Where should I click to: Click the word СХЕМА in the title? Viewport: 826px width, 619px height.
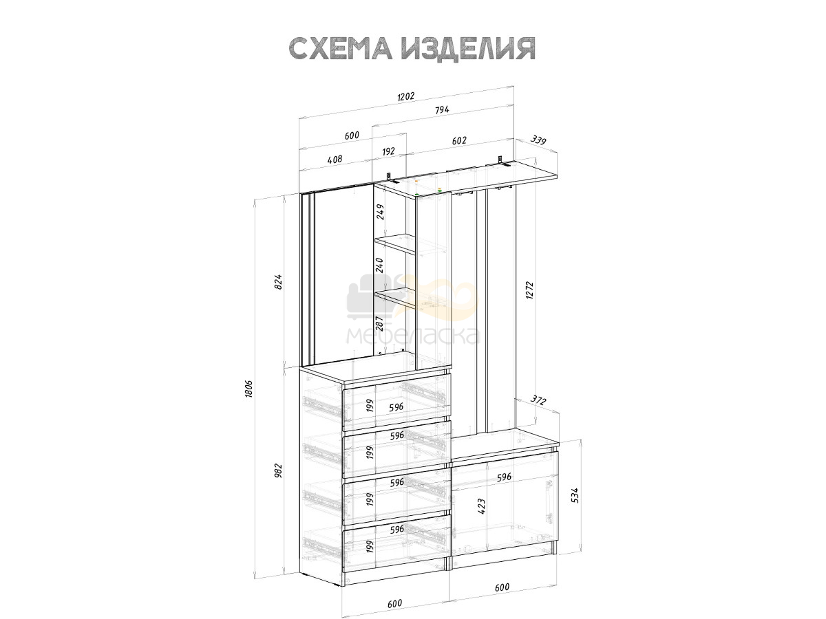coord(341,48)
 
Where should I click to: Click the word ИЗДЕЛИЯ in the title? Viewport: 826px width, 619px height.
coord(468,48)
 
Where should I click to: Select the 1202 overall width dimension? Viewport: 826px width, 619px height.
coord(405,96)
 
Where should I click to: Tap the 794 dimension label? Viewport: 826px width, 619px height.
coord(442,110)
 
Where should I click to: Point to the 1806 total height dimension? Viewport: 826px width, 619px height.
coord(248,389)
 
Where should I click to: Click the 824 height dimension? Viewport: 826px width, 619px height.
coord(278,282)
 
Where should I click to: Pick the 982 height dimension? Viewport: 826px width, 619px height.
coord(278,471)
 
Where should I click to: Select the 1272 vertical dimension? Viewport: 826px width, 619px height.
coord(530,290)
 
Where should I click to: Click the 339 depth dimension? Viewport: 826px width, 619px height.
coord(538,140)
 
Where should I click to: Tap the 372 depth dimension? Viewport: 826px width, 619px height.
coord(538,401)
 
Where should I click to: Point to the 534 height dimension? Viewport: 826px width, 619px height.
coord(575,495)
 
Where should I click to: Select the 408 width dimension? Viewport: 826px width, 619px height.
coord(335,160)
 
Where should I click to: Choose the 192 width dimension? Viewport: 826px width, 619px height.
coord(388,151)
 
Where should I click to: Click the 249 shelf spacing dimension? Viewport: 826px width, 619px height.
coord(380,212)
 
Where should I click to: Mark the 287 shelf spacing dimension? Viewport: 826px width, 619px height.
coord(379,323)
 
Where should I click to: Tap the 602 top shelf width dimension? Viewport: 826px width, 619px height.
coord(459,140)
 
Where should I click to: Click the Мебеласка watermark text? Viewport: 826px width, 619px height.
coord(413,336)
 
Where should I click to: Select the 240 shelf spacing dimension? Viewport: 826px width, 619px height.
coord(379,265)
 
